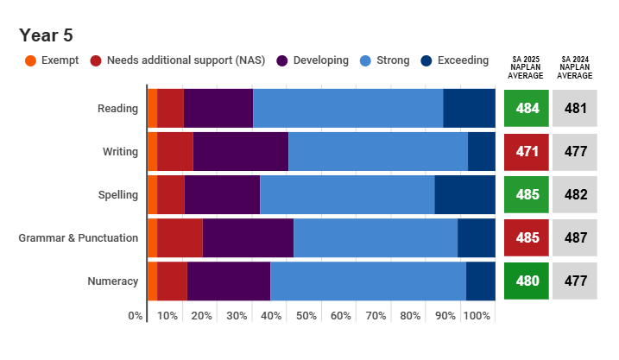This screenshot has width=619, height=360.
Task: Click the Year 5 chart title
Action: pyautogui.click(x=46, y=35)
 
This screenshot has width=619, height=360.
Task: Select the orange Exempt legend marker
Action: pyautogui.click(x=30, y=60)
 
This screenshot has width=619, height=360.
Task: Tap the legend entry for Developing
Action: pyautogui.click(x=320, y=60)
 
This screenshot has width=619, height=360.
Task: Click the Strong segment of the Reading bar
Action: pyautogui.click(x=348, y=108)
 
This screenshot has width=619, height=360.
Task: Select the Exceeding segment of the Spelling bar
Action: pyautogui.click(x=464, y=194)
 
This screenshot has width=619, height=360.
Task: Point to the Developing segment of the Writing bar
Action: pyautogui.click(x=240, y=151)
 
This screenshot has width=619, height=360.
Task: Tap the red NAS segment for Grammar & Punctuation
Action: pyautogui.click(x=180, y=237)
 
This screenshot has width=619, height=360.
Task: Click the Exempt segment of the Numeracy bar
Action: pyautogui.click(x=152, y=281)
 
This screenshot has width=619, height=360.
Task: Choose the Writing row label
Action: pyautogui.click(x=120, y=152)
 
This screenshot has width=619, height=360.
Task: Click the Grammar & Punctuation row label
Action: pyautogui.click(x=79, y=238)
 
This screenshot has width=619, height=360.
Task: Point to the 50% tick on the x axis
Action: pyautogui.click(x=306, y=316)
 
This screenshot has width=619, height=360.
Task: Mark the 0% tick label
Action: pyautogui.click(x=136, y=316)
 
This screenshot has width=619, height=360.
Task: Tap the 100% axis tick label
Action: pyautogui.click(x=477, y=316)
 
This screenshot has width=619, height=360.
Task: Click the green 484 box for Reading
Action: pyautogui.click(x=527, y=109)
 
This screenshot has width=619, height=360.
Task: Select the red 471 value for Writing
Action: pyautogui.click(x=527, y=152)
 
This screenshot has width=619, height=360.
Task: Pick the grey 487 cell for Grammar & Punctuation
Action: pyautogui.click(x=575, y=238)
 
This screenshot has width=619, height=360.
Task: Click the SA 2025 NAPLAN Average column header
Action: pyautogui.click(x=527, y=67)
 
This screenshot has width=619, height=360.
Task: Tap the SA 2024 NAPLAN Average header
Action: pyautogui.click(x=575, y=67)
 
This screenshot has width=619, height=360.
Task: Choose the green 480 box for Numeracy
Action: pyautogui.click(x=527, y=281)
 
